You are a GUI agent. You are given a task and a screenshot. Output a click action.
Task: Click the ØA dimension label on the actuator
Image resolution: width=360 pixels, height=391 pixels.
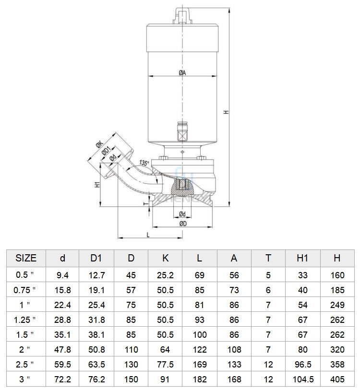point(182,73)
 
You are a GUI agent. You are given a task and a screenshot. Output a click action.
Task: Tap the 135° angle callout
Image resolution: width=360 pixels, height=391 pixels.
point(144,163)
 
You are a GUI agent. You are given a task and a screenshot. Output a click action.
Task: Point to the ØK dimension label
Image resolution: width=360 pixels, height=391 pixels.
point(99,144)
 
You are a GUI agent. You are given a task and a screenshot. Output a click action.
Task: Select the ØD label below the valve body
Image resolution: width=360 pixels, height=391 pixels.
point(182,224)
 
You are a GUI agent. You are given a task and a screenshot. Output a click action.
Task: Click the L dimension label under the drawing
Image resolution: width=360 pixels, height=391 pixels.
point(148,235)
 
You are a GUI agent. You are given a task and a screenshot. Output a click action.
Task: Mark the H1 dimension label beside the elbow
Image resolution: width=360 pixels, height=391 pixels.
point(97,185)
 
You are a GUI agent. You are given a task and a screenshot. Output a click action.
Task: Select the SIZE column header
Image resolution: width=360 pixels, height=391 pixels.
point(26,258)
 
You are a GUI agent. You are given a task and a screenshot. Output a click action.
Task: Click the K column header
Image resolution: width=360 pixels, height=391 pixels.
point(165,258)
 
